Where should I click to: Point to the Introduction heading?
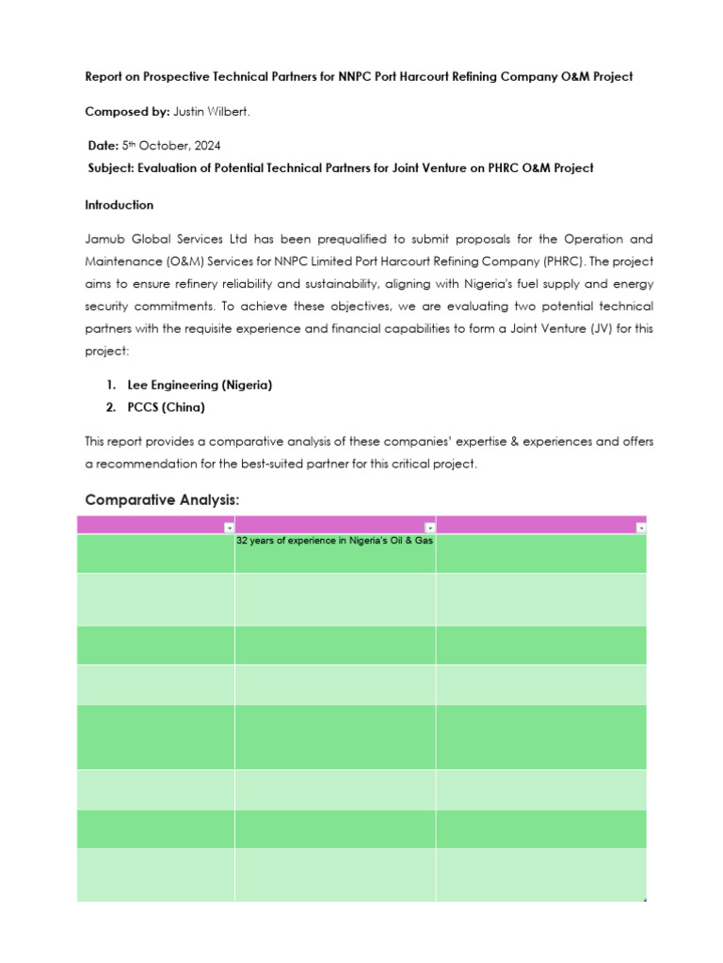pyautogui.click(x=119, y=205)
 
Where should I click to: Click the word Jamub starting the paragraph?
pyautogui.click(x=104, y=240)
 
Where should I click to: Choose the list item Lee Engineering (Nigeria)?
pyautogui.click(x=200, y=386)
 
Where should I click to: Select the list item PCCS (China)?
pyautogui.click(x=166, y=408)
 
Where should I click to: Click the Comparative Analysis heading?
pyautogui.click(x=162, y=500)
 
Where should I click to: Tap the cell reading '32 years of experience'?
pyautogui.click(x=334, y=542)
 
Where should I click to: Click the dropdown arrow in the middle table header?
pyautogui.click(x=429, y=529)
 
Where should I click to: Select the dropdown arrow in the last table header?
pyautogui.click(x=640, y=529)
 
